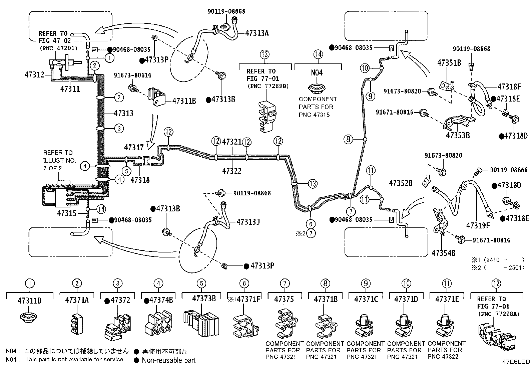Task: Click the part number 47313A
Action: pyautogui.click(x=257, y=33)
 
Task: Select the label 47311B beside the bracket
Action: pyautogui.click(x=184, y=101)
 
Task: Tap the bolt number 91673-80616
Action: pyautogui.click(x=132, y=75)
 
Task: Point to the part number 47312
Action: pyautogui.click(x=34, y=75)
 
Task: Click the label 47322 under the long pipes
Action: pyautogui.click(x=231, y=171)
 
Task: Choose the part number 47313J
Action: pyautogui.click(x=248, y=222)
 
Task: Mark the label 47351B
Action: pyautogui.click(x=449, y=63)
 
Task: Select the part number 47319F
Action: pyautogui.click(x=478, y=225)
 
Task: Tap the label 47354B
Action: pyautogui.click(x=444, y=253)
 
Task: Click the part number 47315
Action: pyautogui.click(x=67, y=213)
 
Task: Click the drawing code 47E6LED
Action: pyautogui.click(x=516, y=362)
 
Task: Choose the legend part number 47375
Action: pyautogui.click(x=284, y=299)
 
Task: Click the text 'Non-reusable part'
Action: pyautogui.click(x=168, y=360)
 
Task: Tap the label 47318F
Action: pyautogui.click(x=509, y=86)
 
